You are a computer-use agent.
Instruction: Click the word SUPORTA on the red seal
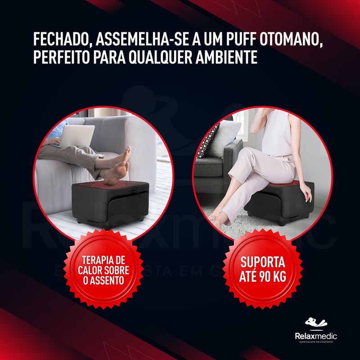click(263, 262)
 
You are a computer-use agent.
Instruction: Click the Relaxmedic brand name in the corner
click(316, 336)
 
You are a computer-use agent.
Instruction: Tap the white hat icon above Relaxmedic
click(316, 322)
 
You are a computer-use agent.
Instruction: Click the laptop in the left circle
click(75, 136)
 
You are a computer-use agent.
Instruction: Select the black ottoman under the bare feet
click(111, 203)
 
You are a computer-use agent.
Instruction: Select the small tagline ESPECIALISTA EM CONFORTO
click(316, 342)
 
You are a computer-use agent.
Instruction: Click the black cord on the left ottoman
click(135, 193)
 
